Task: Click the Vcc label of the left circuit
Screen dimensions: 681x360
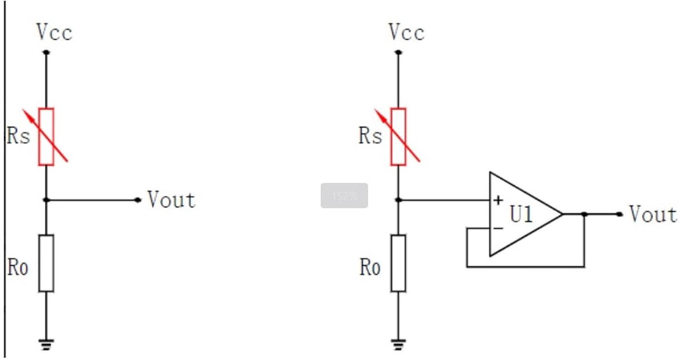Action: pyautogui.click(x=54, y=32)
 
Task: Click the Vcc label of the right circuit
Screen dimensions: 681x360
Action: pyautogui.click(x=407, y=32)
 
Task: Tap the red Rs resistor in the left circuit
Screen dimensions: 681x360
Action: pyautogui.click(x=46, y=137)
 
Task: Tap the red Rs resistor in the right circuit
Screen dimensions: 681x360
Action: pyautogui.click(x=398, y=137)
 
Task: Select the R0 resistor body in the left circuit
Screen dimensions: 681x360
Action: pyautogui.click(x=46, y=263)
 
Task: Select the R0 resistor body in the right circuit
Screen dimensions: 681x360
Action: pyautogui.click(x=398, y=263)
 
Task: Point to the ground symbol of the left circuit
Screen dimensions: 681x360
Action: pyautogui.click(x=46, y=345)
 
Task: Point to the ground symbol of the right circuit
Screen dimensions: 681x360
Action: pyautogui.click(x=398, y=345)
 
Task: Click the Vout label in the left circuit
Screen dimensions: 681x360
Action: pyautogui.click(x=171, y=200)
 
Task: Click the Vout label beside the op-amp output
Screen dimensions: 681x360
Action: pyautogui.click(x=653, y=214)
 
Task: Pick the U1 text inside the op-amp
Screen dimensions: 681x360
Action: pyautogui.click(x=521, y=214)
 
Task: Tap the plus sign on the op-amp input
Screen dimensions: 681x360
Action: pyautogui.click(x=498, y=200)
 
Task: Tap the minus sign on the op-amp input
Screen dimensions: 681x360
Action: pyautogui.click(x=498, y=228)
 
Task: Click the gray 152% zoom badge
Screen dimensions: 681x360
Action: pyautogui.click(x=344, y=196)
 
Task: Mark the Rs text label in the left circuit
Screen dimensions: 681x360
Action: pyautogui.click(x=18, y=135)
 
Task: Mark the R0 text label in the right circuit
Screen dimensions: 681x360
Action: pyautogui.click(x=369, y=267)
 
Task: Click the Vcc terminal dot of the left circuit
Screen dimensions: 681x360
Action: pyautogui.click(x=46, y=52)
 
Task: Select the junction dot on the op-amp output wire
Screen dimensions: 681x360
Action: pyautogui.click(x=584, y=214)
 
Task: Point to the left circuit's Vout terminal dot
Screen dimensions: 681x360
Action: pyautogui.click(x=138, y=200)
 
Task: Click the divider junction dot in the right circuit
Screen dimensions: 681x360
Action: pyautogui.click(x=398, y=200)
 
